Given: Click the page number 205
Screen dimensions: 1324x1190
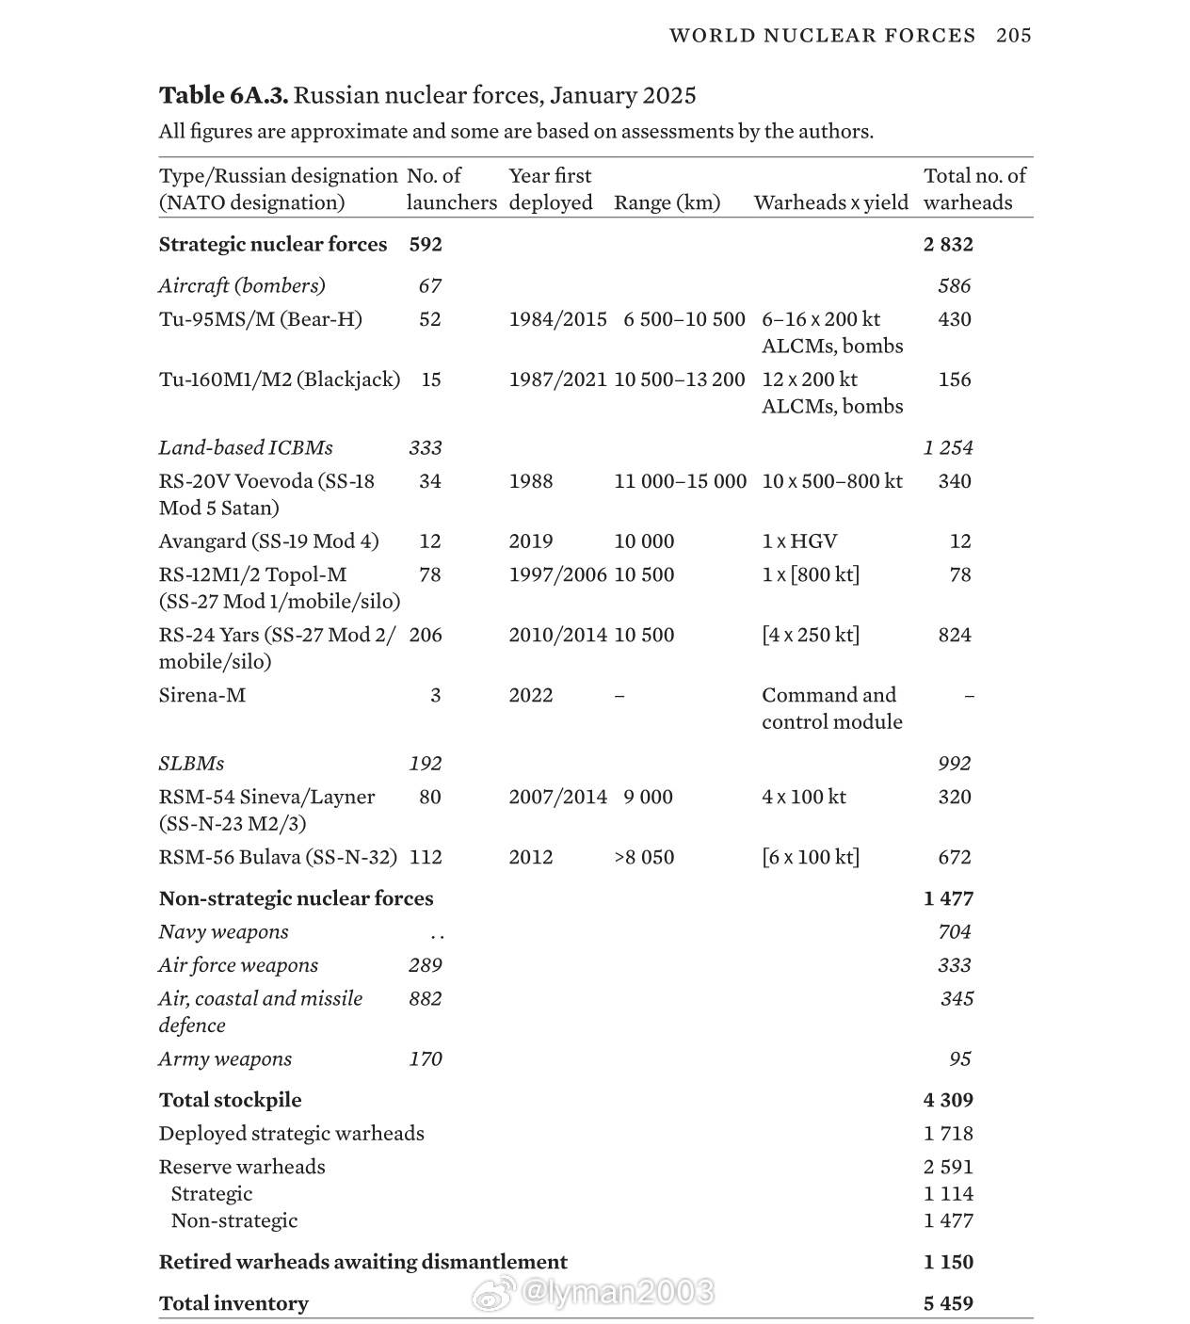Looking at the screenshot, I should coord(1014,36).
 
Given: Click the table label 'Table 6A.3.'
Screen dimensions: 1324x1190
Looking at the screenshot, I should coord(223,95).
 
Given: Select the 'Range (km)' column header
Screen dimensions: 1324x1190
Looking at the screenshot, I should coord(667,202).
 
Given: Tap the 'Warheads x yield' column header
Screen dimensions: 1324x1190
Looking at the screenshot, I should coord(830,202).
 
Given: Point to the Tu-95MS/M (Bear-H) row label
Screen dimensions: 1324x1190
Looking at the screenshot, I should coord(260,319).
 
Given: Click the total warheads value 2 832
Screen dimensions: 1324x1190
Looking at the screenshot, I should coord(948,245).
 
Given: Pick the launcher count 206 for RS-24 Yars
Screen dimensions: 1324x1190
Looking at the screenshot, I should coord(426,635).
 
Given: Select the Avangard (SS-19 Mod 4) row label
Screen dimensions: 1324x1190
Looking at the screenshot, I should coord(268,541).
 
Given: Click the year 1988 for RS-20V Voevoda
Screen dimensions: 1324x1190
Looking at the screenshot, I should coord(531,481).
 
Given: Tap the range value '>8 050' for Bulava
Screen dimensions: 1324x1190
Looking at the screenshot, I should coord(644,857).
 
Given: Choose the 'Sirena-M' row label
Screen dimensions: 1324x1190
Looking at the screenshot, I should coord(201,695).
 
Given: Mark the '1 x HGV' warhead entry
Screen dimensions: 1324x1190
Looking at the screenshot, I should coord(799,541).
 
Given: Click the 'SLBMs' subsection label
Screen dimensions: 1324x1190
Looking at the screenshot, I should coord(191,764).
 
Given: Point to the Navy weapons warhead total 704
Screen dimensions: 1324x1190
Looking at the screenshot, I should coord(954,932).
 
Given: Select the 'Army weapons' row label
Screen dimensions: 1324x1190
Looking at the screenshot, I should coord(225,1059).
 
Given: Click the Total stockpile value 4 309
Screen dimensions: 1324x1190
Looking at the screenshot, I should coord(948,1101).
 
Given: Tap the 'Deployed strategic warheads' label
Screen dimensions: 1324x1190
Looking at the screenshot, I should coord(291,1134).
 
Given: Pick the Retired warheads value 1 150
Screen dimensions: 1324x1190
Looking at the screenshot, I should coord(948,1263).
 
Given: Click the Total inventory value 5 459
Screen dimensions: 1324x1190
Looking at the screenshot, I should coord(948,1304).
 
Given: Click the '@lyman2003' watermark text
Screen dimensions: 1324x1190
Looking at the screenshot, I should coord(616,1292).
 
